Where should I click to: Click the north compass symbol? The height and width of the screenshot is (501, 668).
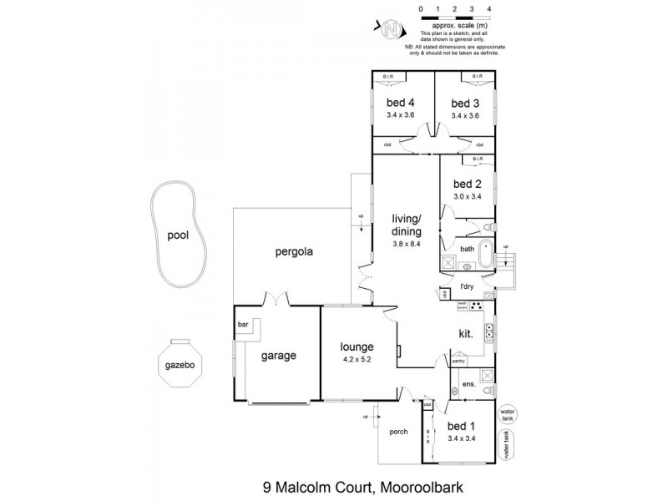click(391, 30)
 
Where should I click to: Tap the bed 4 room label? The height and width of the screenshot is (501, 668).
click(401, 103)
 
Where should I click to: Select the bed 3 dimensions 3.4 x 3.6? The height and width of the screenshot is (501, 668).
click(464, 116)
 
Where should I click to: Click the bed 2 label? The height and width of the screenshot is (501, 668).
click(467, 185)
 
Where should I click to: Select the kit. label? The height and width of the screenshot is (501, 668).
click(466, 333)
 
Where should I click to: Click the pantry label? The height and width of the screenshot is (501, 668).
click(458, 362)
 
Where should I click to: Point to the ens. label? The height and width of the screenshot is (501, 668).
click(468, 385)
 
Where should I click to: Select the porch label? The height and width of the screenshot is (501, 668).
click(398, 432)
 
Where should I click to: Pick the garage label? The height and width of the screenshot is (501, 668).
click(278, 356)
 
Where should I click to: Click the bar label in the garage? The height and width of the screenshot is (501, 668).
click(244, 324)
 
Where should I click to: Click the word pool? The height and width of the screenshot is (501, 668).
click(177, 235)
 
